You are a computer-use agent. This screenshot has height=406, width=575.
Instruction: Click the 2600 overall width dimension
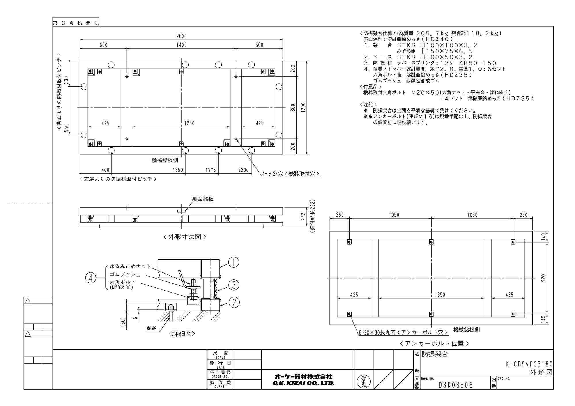coord(181,36)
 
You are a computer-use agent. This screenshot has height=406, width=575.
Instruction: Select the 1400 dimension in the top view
coord(181,45)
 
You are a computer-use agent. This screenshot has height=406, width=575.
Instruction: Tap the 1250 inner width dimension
coord(189,123)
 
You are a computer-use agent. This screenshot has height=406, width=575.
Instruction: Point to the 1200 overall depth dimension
coord(303,108)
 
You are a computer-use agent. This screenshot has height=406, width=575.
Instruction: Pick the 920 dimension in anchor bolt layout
coord(543,278)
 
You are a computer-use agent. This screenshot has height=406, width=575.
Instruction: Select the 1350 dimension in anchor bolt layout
coord(440,295)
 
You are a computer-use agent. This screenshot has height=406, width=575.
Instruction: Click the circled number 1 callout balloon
coord(234,262)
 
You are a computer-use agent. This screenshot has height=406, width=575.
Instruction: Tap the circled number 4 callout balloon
coord(91,278)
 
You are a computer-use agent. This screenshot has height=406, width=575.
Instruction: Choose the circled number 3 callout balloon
coord(234,285)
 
